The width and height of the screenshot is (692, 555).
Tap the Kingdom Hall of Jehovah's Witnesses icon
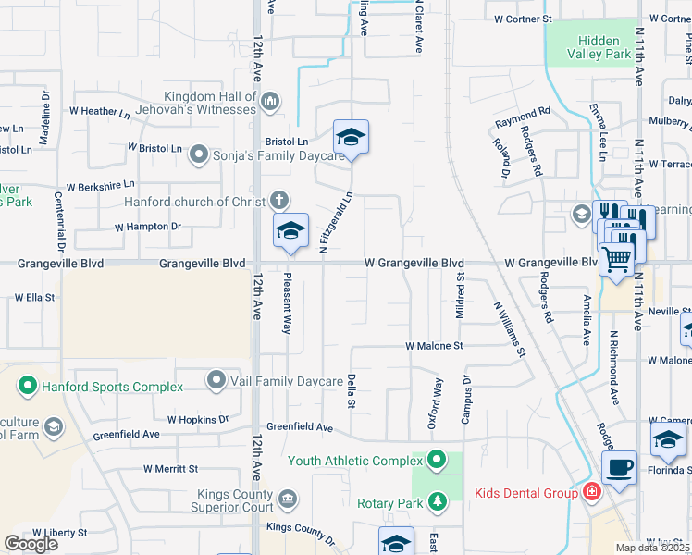270,101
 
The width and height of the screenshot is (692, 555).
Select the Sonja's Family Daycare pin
199,154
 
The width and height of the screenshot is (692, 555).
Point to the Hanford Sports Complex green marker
28,386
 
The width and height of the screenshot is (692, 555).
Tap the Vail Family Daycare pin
216,380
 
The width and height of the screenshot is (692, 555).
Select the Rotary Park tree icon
437,502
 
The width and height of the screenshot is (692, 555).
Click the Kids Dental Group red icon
592,493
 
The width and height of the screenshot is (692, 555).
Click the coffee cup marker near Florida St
619,468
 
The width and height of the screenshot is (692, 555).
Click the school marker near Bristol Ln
351,138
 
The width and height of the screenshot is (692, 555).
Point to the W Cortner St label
523,18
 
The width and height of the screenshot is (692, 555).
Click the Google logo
31,543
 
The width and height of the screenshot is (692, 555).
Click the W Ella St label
35,298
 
